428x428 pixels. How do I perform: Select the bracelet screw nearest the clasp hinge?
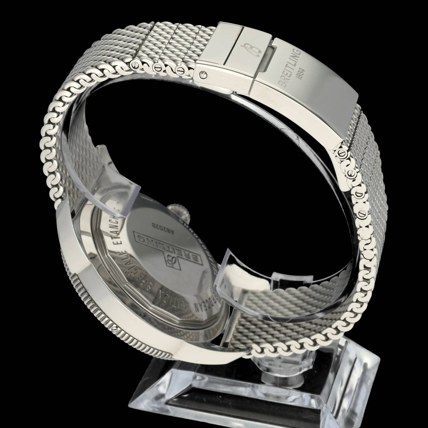coord(180,70)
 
